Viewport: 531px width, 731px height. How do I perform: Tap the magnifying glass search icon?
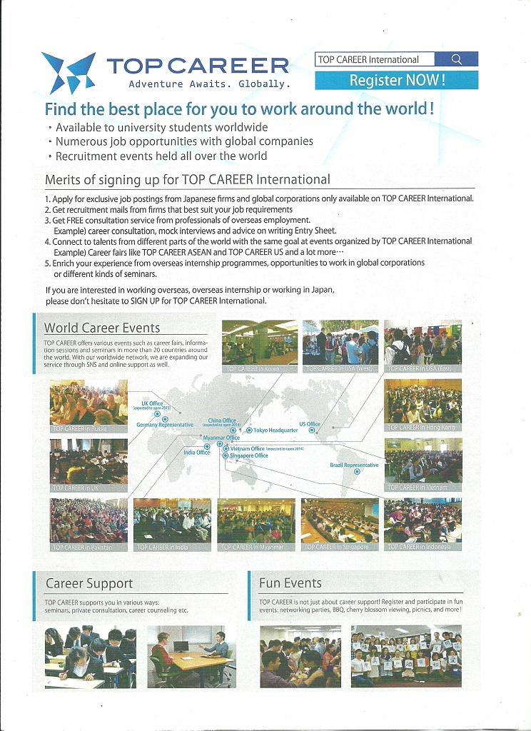click(456, 59)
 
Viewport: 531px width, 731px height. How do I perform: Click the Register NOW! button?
click(396, 80)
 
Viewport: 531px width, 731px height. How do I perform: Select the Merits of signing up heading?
click(188, 179)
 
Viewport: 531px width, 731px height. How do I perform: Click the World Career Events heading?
click(102, 328)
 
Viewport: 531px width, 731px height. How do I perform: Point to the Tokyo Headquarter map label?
click(275, 430)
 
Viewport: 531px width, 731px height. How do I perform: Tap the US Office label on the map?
click(310, 424)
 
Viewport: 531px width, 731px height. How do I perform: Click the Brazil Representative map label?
click(354, 465)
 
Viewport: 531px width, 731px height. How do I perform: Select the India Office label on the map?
click(197, 452)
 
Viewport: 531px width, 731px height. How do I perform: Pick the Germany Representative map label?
click(165, 425)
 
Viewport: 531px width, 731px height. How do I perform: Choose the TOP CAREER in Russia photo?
click(88, 406)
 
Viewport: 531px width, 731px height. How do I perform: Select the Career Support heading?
click(89, 583)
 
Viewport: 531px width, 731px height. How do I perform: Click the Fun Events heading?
click(290, 583)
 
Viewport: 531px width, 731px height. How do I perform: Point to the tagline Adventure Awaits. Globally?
click(209, 84)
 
